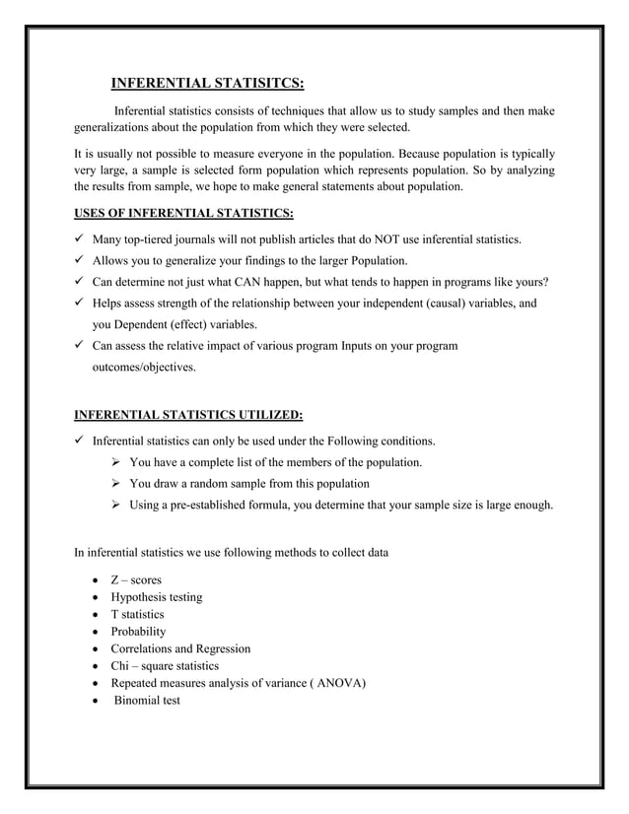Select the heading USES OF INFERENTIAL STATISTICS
tap(184, 213)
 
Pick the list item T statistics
tap(137, 614)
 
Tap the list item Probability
tap(138, 632)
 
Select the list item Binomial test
tap(147, 701)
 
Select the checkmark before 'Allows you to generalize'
tap(81, 261)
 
